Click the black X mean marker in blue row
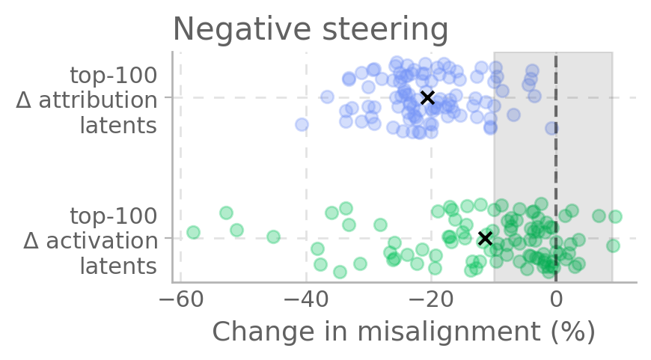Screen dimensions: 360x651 427,97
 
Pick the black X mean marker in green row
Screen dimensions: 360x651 485,238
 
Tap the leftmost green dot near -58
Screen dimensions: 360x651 193,232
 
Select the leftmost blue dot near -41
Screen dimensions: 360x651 302,124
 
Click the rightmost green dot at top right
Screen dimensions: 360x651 615,216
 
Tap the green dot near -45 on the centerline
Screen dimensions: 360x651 273,237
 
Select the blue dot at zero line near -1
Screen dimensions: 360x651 551,128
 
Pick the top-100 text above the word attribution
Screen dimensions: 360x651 113,76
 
